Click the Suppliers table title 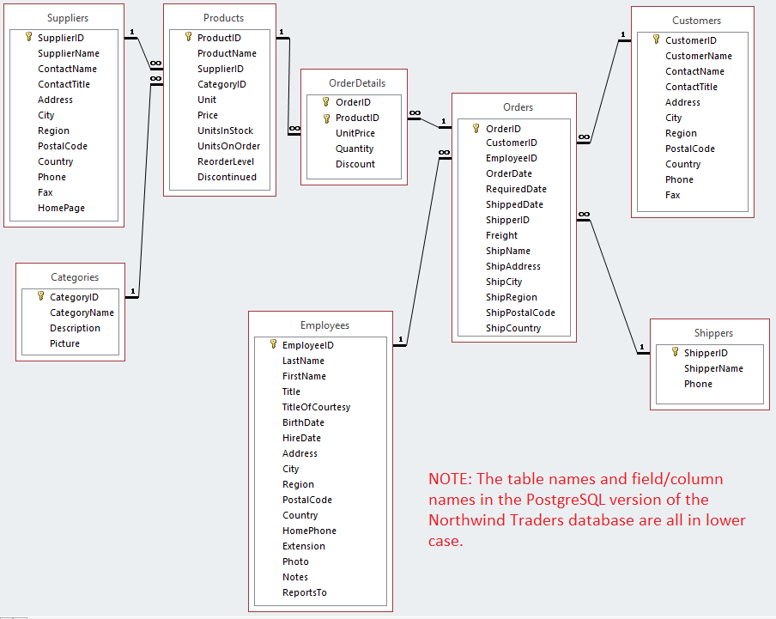pos(68,17)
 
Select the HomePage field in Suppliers pos(61,208)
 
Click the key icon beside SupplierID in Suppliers pos(28,38)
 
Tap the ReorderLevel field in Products pos(226,161)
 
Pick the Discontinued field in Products pos(227,177)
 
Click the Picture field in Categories pos(64,343)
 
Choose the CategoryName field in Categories pos(82,313)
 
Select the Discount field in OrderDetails pos(355,164)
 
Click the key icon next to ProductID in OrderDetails pos(326,118)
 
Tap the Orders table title pos(518,107)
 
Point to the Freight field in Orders pos(501,235)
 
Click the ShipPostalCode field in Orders pos(520,313)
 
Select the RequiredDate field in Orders pos(516,189)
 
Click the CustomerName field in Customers pos(699,56)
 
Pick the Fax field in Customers pos(672,195)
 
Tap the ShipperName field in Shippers pos(713,368)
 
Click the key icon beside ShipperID pos(675,353)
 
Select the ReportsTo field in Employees pos(304,592)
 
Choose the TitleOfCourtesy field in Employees pos(316,407)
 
